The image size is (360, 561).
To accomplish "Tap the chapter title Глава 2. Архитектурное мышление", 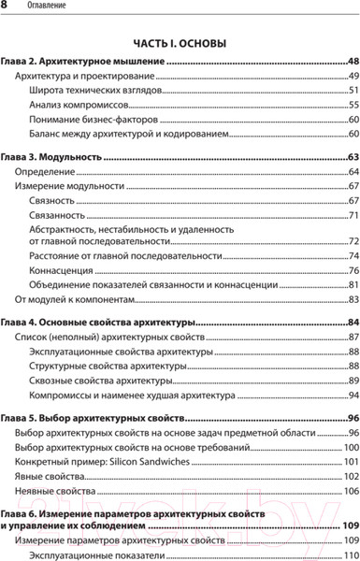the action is pyautogui.click(x=82, y=61).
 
